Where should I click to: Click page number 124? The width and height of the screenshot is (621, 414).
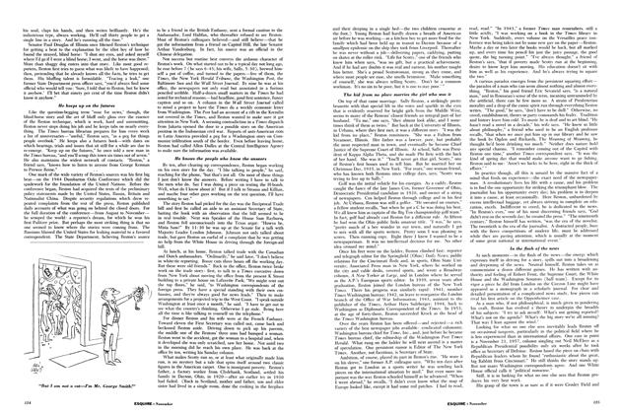point(18,403)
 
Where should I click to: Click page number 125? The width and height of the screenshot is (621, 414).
point(604,403)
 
